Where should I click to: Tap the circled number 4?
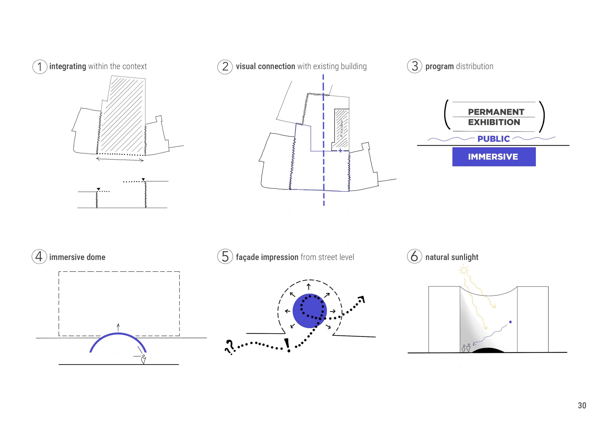coord(39,257)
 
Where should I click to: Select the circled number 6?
coord(414,256)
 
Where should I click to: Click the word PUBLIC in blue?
coord(493,139)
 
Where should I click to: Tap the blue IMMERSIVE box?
coord(494,157)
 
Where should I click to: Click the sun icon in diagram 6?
coord(464,270)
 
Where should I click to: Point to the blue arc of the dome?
coord(118,333)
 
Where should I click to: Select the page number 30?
coord(582,405)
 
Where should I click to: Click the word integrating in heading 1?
coord(68,67)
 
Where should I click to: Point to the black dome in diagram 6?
coord(488,350)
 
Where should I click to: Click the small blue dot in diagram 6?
coord(510,322)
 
